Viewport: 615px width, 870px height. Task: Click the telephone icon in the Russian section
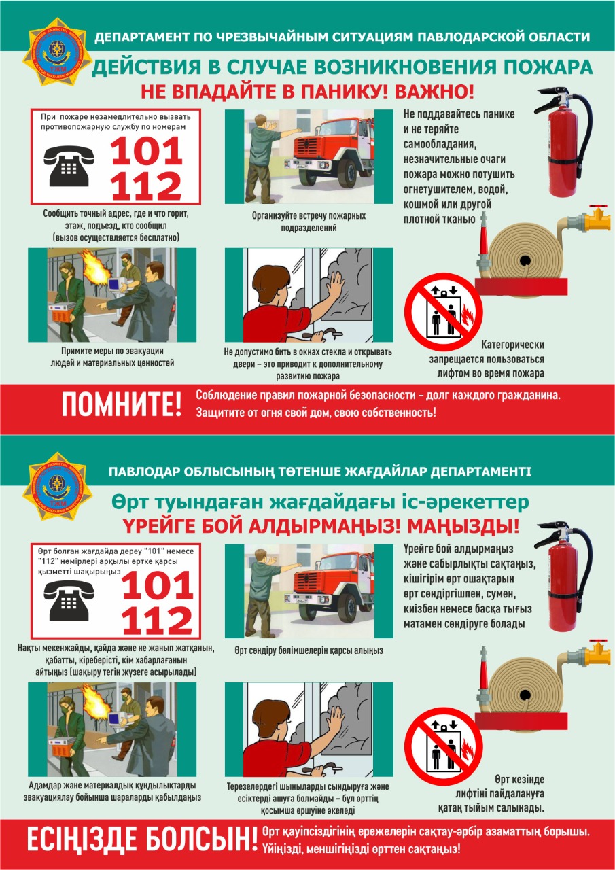coord(69,167)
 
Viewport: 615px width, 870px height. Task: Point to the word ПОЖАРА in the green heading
coord(548,67)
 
